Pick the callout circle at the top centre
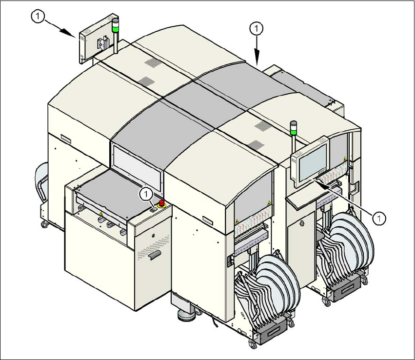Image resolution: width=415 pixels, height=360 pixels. (257, 29)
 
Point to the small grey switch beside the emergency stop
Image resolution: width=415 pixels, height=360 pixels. (153, 208)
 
